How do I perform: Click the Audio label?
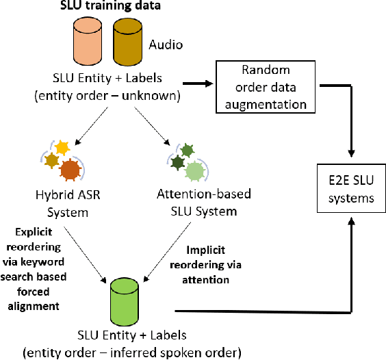166,47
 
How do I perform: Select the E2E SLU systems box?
352,190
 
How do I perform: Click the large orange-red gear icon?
70,169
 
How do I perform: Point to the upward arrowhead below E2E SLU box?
352,222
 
